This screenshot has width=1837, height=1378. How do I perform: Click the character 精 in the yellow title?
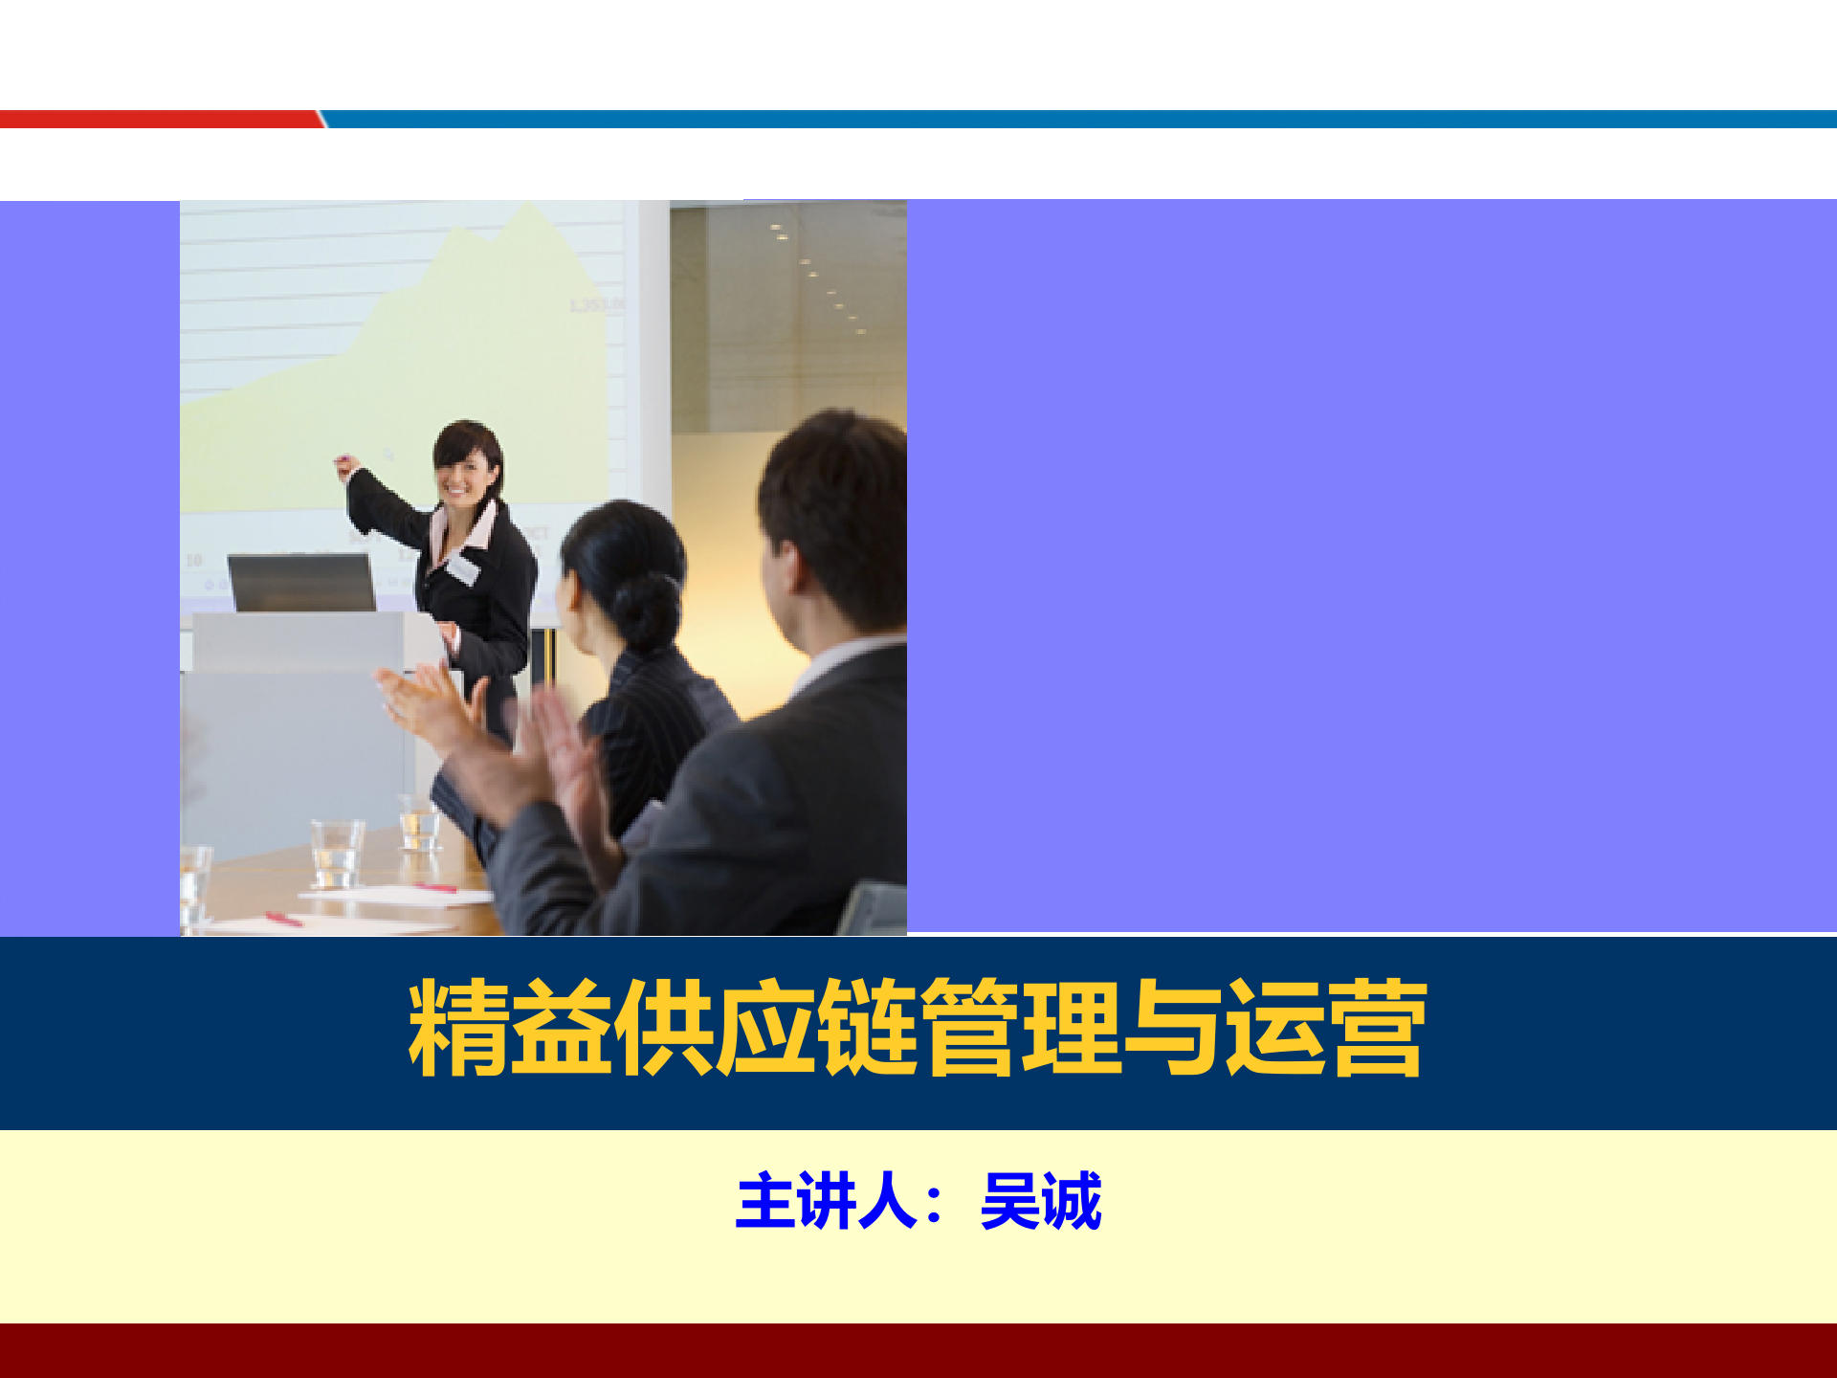tap(458, 1028)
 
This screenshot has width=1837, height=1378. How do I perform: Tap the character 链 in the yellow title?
tap(867, 1028)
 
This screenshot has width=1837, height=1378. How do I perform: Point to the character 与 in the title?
tap(1173, 1028)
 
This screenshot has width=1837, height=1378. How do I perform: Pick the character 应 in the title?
tap(764, 1028)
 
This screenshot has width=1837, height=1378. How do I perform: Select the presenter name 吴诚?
tap(1041, 1201)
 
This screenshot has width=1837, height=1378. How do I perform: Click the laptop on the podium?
tap(301, 582)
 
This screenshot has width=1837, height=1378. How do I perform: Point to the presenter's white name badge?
tap(462, 568)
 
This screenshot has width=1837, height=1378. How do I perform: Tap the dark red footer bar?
tap(918, 1350)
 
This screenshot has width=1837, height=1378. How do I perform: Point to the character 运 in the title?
tap(1275, 1028)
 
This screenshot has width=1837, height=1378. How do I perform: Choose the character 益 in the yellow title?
tap(561, 1028)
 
